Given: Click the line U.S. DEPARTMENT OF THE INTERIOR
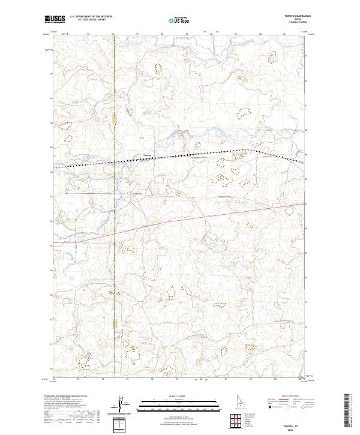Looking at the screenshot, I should coord(91,17).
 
